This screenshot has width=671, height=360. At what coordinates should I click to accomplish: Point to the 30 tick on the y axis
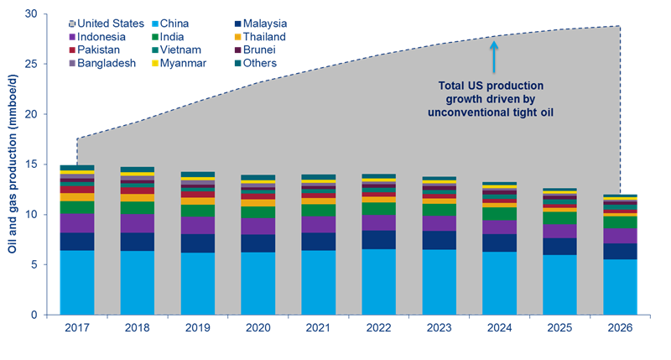click(x=30, y=14)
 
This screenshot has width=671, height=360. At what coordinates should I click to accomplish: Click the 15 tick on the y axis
click(x=30, y=164)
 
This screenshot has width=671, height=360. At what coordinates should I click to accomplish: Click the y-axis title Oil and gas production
click(x=13, y=164)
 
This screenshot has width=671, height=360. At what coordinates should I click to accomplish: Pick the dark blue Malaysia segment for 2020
click(x=247, y=243)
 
